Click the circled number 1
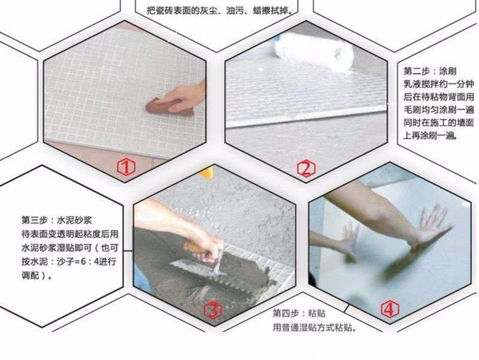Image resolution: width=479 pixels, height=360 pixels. click(x=125, y=167)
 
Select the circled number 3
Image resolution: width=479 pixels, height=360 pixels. click(x=214, y=310)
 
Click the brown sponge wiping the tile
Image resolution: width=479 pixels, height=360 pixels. click(x=163, y=108)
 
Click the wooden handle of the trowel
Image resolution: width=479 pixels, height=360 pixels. click(x=196, y=247)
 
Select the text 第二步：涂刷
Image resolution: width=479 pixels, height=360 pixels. click(x=429, y=70)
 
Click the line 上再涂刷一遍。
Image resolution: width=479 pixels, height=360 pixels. click(x=431, y=135)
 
